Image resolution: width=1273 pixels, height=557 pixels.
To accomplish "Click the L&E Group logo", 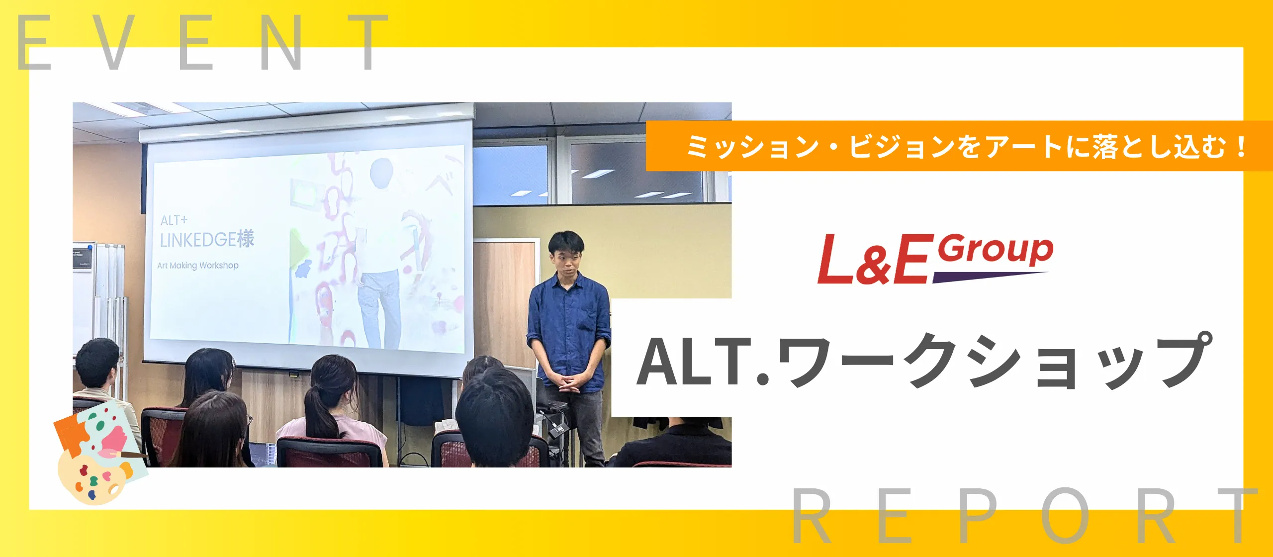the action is [935, 259].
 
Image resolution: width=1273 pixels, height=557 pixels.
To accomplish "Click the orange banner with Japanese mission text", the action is [959, 146].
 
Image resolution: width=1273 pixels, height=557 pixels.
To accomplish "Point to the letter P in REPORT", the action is [977, 515].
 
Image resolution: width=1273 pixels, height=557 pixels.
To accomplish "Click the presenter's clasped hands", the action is [568, 383].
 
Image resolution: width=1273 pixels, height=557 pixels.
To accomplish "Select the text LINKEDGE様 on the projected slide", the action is [207, 239].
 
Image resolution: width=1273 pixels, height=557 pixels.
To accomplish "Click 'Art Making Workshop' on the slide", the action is [198, 266].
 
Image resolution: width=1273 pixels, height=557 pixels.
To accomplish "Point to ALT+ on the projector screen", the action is [174, 220].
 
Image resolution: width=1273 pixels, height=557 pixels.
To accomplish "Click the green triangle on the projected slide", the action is [298, 247].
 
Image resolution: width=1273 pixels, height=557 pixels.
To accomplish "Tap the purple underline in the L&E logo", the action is [990, 277].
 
